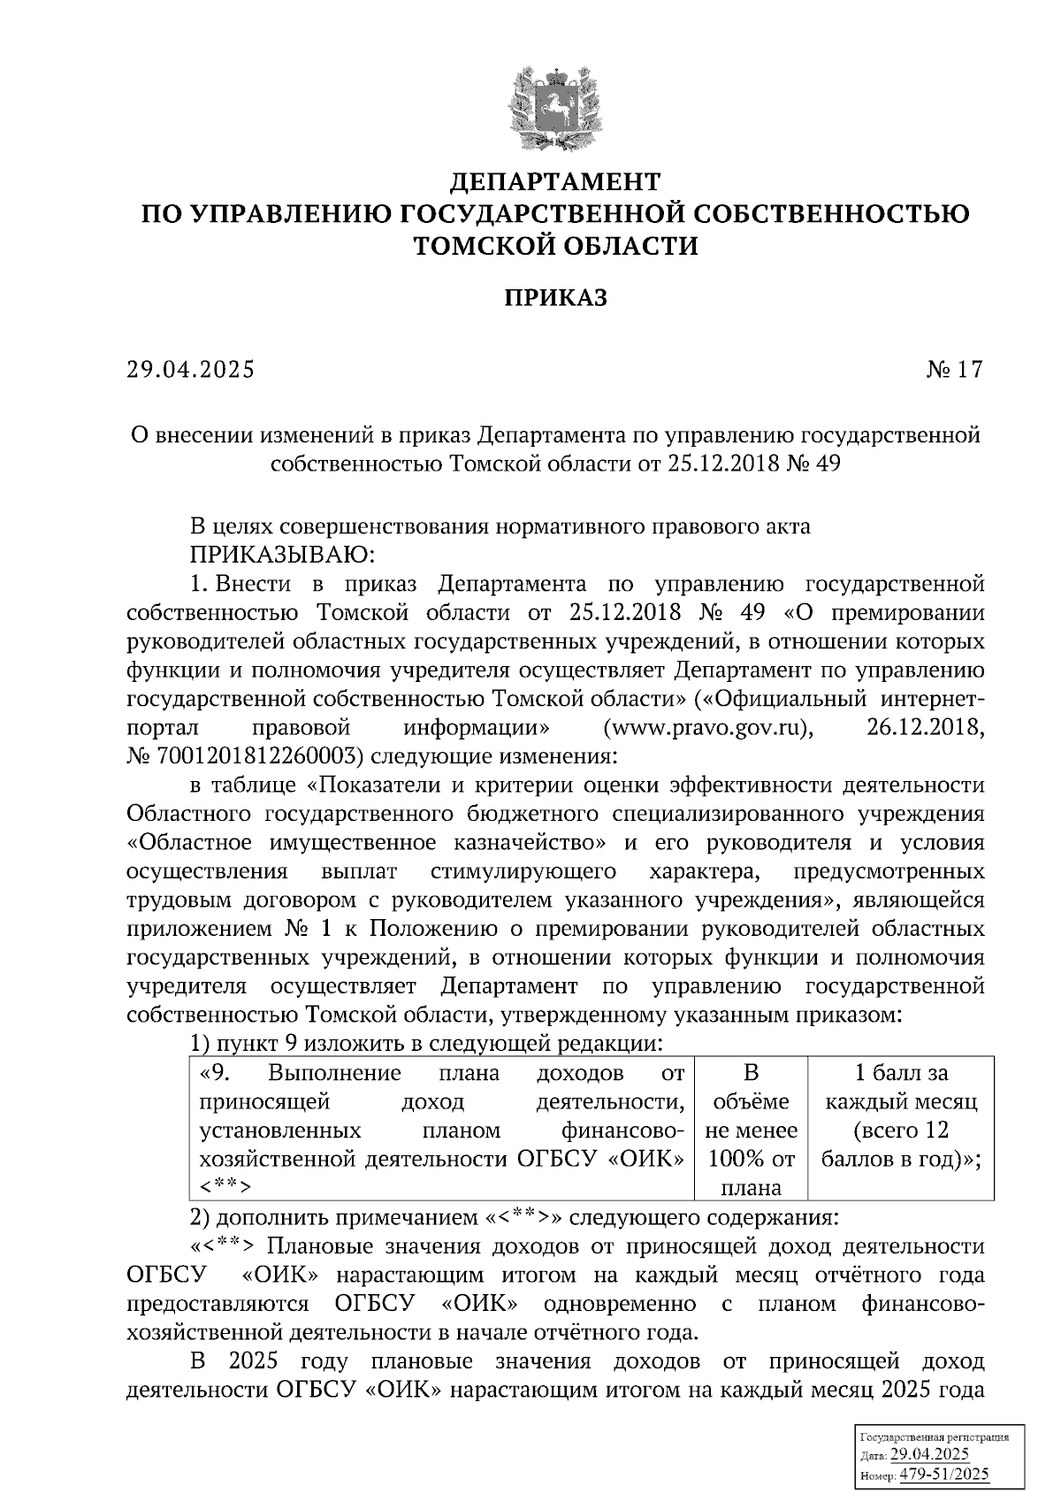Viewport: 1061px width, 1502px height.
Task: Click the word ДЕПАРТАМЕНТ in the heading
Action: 555,182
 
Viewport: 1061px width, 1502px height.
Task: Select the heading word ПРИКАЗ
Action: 555,298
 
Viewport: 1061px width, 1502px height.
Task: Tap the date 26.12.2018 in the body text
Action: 920,728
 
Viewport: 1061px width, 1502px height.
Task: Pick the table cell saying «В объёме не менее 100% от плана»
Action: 752,1130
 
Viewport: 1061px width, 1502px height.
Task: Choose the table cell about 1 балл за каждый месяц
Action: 901,1115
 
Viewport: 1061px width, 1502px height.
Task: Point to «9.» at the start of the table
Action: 216,1073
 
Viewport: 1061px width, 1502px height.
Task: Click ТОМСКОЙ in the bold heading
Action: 481,245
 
